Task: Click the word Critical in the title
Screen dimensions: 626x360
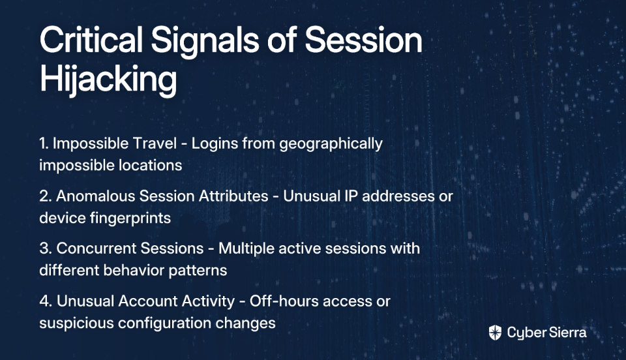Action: pos(91,40)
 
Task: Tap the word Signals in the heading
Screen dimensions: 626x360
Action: pos(205,42)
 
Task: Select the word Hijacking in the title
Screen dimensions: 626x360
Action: pos(108,80)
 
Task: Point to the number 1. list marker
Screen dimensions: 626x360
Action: pos(44,143)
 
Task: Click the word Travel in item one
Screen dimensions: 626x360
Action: pos(155,143)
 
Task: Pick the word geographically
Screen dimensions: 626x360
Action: pos(331,144)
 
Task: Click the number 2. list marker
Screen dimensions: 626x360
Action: pos(46,196)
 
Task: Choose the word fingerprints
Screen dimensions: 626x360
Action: pos(130,218)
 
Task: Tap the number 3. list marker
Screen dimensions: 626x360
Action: pos(46,248)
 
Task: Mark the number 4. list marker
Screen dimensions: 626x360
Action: pos(46,301)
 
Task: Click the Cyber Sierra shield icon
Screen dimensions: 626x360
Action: pos(495,333)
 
